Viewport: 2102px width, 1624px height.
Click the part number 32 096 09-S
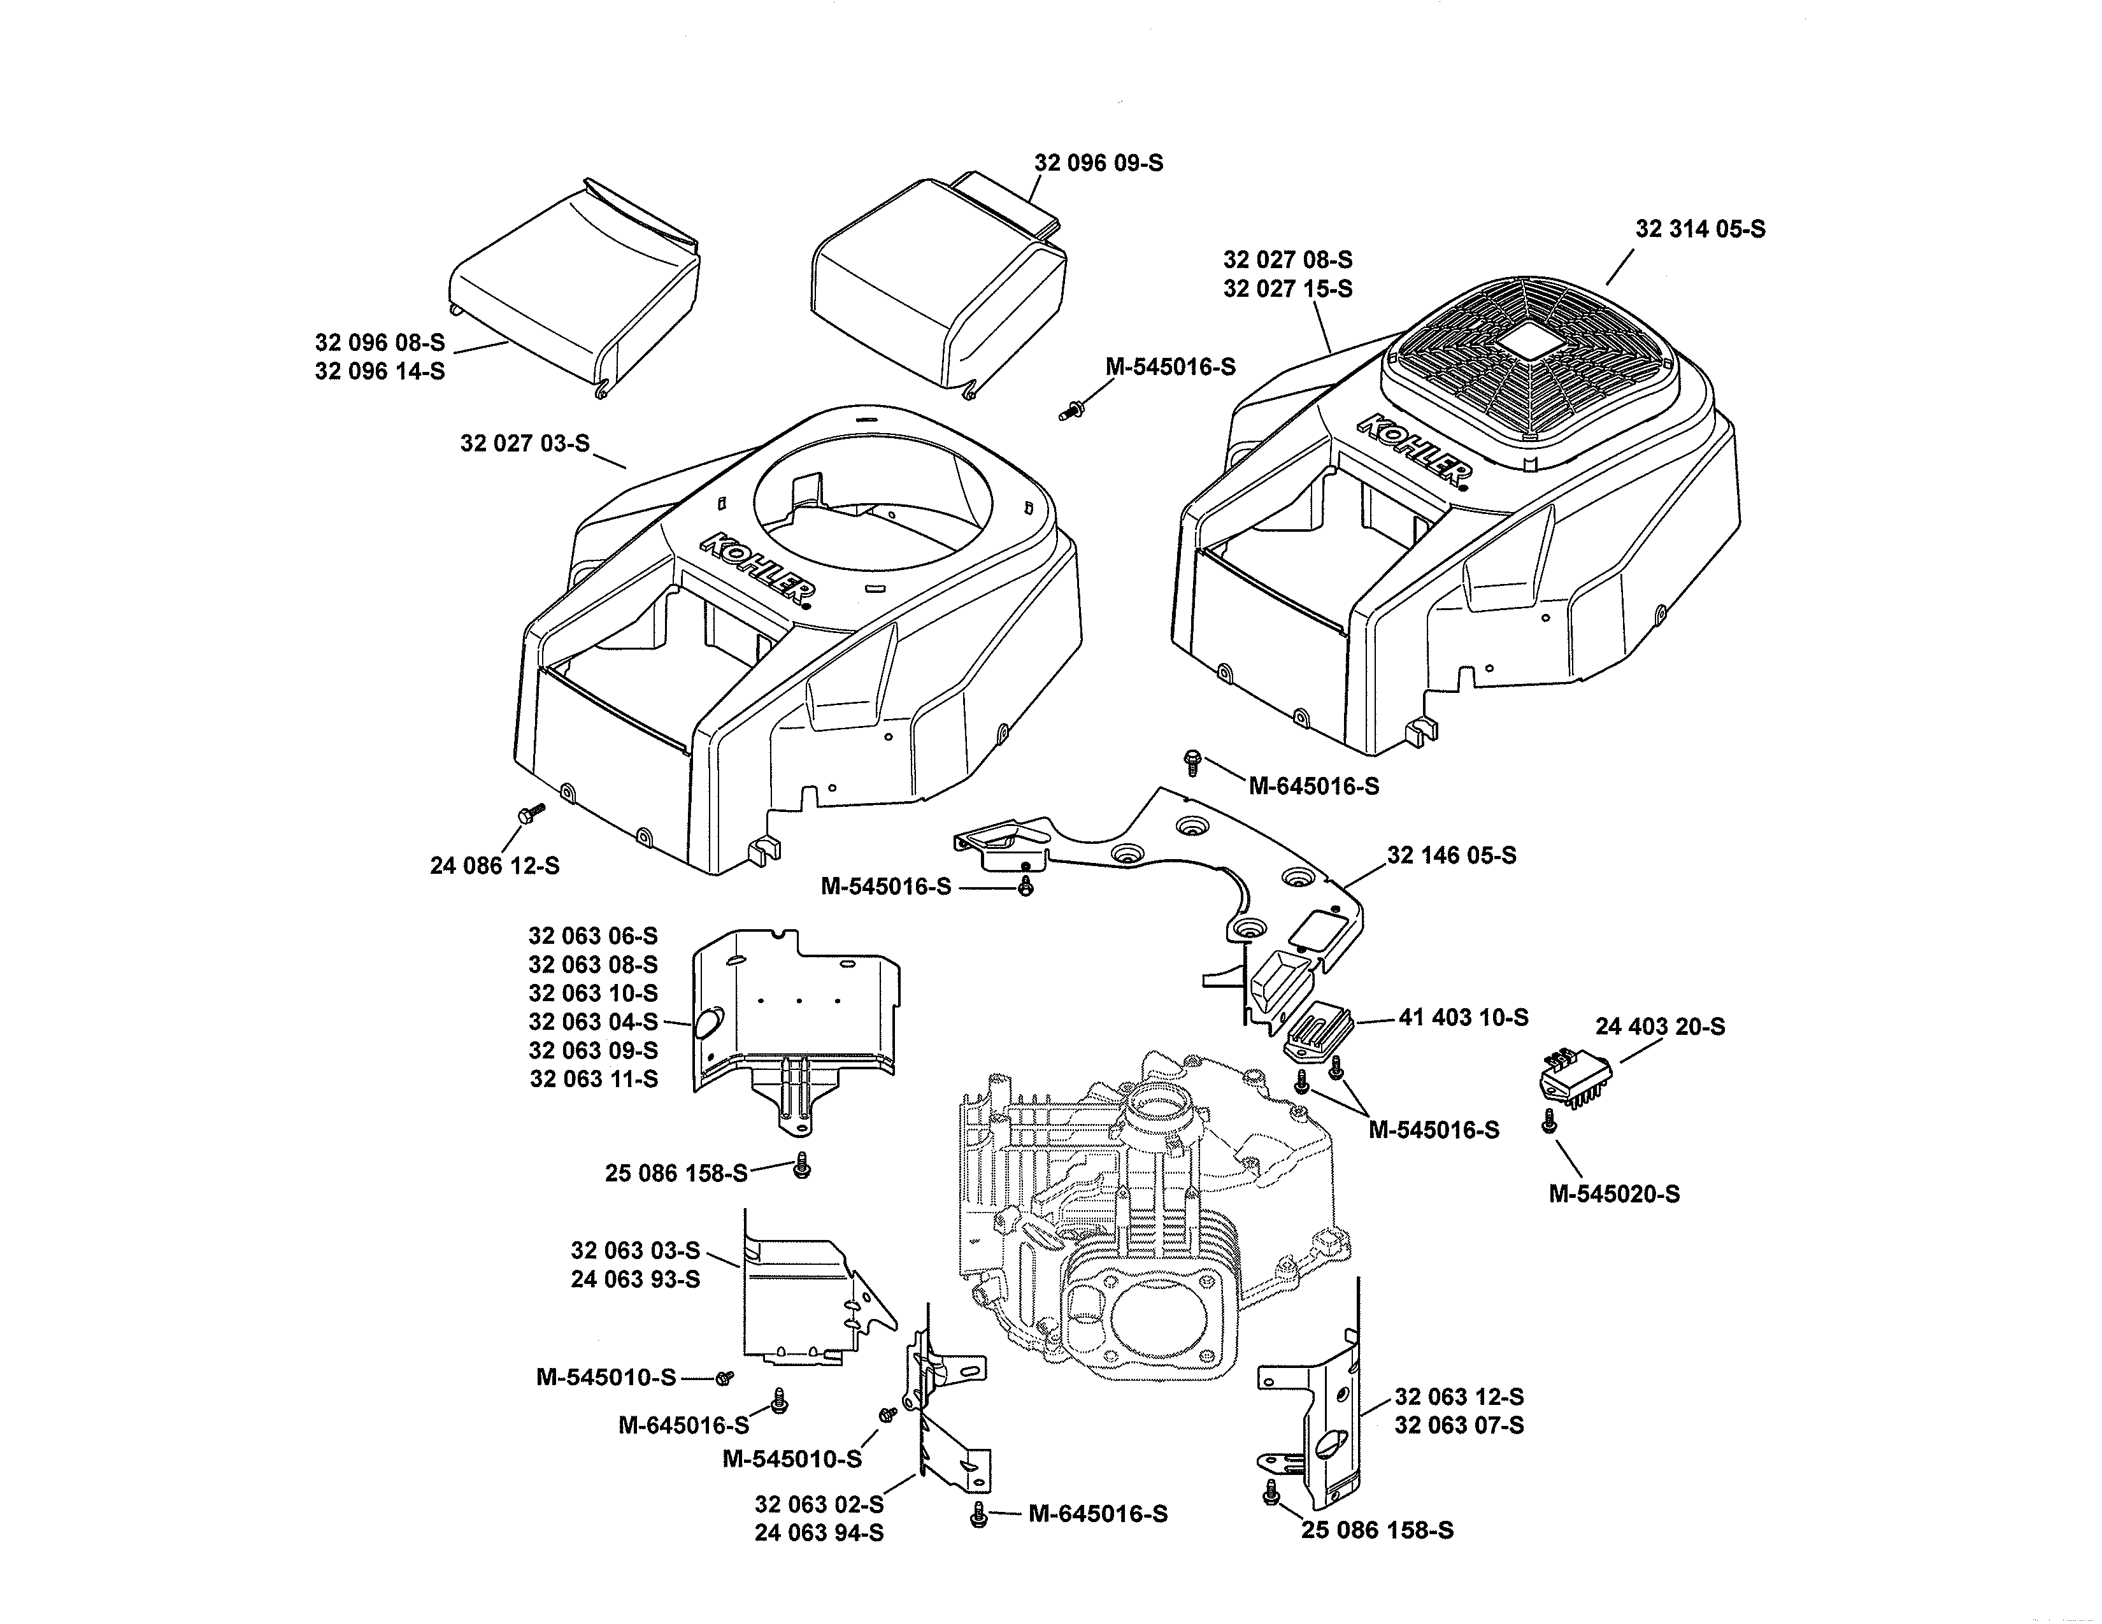pyautogui.click(x=1098, y=162)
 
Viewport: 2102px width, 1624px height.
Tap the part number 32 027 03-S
pyautogui.click(x=524, y=443)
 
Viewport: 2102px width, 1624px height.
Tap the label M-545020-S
pyautogui.click(x=1614, y=1194)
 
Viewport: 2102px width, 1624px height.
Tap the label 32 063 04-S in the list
pyautogui.click(x=593, y=1022)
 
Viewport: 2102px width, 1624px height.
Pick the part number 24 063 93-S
pyautogui.click(x=635, y=1279)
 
